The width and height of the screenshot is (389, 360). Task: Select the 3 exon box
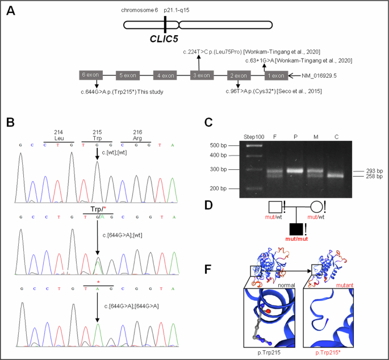[202, 75]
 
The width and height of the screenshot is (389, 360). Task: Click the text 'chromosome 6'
[140, 10]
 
